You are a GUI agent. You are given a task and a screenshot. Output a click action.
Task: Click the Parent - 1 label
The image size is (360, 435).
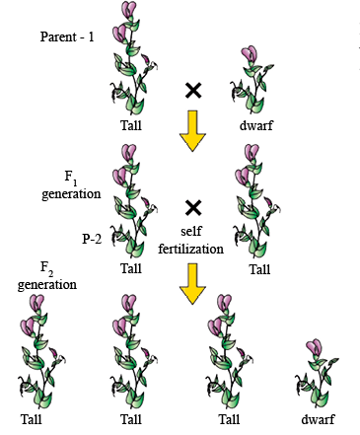(x=67, y=36)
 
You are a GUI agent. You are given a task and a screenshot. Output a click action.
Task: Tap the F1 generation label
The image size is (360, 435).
(x=71, y=186)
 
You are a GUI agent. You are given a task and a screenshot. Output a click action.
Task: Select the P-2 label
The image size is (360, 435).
(x=92, y=239)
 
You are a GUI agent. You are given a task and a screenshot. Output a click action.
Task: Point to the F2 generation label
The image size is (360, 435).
(x=47, y=277)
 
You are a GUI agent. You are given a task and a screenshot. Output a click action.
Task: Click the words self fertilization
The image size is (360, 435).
(x=191, y=240)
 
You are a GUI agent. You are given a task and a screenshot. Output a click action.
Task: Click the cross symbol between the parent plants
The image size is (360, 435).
(x=193, y=91)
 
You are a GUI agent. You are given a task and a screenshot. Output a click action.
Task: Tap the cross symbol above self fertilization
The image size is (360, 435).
(x=193, y=207)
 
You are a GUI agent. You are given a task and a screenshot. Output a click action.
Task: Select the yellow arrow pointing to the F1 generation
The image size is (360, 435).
(x=192, y=131)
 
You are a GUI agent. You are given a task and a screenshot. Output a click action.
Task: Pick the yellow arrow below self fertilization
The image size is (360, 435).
(x=192, y=284)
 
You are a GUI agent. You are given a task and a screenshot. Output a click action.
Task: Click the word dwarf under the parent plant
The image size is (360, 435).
(x=256, y=125)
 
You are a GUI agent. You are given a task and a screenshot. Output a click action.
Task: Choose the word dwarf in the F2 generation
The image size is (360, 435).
(x=318, y=419)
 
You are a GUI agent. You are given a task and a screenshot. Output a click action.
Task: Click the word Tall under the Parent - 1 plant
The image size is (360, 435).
(x=131, y=125)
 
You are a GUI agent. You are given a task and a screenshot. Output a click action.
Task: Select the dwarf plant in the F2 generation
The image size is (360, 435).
(x=317, y=374)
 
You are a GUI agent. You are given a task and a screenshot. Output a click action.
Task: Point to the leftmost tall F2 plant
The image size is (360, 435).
(x=41, y=352)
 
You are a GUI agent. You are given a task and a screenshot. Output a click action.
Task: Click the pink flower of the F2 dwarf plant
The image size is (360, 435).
(x=314, y=348)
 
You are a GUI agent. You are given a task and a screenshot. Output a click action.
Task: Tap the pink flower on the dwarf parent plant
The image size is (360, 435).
(x=249, y=54)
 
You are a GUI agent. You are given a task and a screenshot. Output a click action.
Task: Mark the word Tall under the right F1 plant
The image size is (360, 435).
(x=259, y=269)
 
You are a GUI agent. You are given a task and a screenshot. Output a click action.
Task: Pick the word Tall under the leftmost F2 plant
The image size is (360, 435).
(x=32, y=419)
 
